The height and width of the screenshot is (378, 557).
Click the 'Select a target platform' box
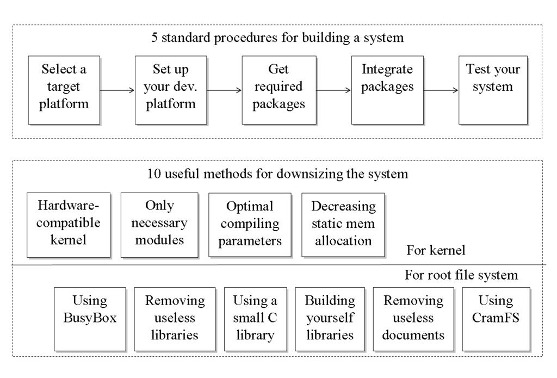(x=64, y=90)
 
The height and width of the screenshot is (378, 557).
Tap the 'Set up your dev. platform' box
(x=171, y=90)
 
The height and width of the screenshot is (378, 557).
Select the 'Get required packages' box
(x=278, y=90)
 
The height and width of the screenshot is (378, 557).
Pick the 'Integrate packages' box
(x=387, y=90)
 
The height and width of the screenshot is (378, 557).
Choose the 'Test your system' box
(x=493, y=90)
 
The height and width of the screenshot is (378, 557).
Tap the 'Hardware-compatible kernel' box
(x=69, y=225)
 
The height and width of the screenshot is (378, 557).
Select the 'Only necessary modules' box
(x=159, y=225)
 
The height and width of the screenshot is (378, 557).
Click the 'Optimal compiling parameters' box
(x=250, y=225)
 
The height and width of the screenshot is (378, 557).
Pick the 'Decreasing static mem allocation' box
(x=343, y=225)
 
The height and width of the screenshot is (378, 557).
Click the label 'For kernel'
(x=436, y=251)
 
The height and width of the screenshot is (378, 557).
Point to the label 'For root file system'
(x=461, y=275)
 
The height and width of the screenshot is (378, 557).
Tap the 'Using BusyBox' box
(x=90, y=319)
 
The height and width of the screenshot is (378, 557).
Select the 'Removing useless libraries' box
(x=174, y=319)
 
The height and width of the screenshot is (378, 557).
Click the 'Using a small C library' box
(x=255, y=319)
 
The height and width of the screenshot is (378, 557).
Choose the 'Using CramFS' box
(x=496, y=319)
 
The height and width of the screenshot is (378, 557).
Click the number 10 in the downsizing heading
(x=154, y=175)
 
